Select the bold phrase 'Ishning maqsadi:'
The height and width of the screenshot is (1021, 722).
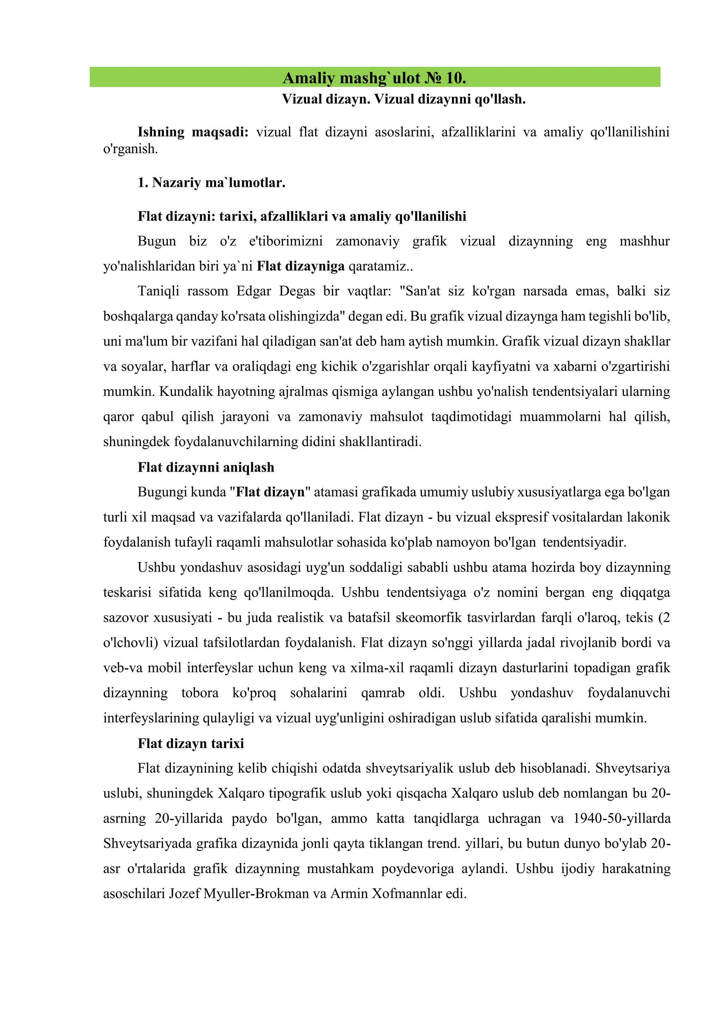(x=193, y=132)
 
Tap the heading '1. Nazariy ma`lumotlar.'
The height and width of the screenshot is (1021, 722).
(x=211, y=183)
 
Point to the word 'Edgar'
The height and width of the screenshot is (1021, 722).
(x=253, y=291)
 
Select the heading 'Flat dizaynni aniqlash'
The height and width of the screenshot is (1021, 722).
(x=206, y=467)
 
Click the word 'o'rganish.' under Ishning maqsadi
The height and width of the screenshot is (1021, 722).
(x=131, y=149)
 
